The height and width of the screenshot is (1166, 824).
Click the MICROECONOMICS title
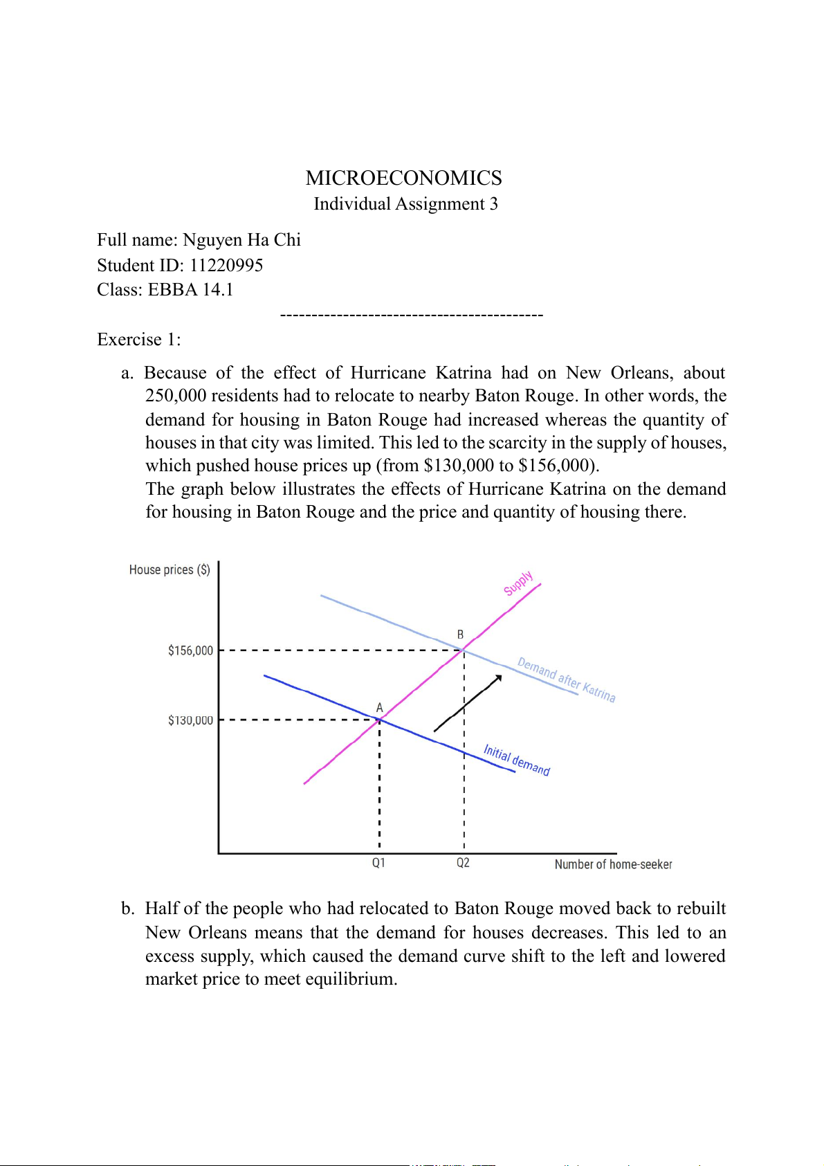403,179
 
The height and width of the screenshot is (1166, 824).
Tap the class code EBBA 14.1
190,290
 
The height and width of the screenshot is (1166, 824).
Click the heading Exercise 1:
138,340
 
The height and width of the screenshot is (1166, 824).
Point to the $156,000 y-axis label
190,650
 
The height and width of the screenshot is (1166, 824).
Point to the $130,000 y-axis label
190,720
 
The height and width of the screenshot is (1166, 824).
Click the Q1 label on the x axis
378,863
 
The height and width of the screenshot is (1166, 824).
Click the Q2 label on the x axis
463,863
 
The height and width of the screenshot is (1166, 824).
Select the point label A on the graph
379,708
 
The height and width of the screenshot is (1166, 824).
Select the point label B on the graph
460,635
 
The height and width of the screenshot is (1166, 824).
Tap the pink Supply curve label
518,583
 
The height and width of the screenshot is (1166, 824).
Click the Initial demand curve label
516,760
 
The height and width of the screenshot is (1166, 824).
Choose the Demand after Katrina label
566,680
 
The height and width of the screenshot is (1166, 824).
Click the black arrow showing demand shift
468,702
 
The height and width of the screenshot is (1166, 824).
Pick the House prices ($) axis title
170,570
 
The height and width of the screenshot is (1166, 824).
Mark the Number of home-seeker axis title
613,864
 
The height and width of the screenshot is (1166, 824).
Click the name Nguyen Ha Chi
241,240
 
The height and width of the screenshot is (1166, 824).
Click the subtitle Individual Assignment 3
405,204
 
